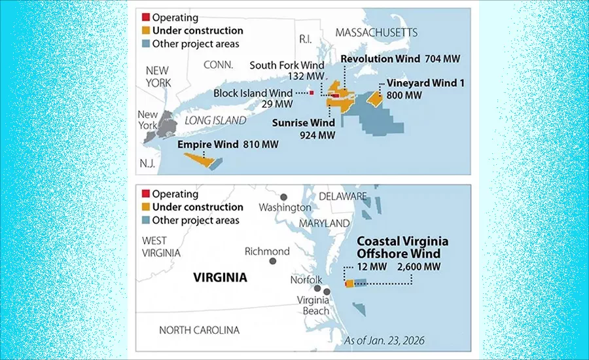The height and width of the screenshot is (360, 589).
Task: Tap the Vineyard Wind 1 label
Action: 418,83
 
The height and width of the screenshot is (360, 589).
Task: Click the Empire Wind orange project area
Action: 196,158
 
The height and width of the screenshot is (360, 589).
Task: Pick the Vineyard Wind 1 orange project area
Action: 374,98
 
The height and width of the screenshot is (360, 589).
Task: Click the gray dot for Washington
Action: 283,196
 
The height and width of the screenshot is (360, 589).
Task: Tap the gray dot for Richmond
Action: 272,261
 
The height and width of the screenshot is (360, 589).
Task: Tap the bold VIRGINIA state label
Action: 220,278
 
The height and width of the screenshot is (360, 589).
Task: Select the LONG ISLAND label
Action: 215,120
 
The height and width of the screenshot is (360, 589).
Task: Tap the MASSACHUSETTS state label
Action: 376,32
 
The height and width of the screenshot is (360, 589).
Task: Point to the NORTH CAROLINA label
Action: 199,330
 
